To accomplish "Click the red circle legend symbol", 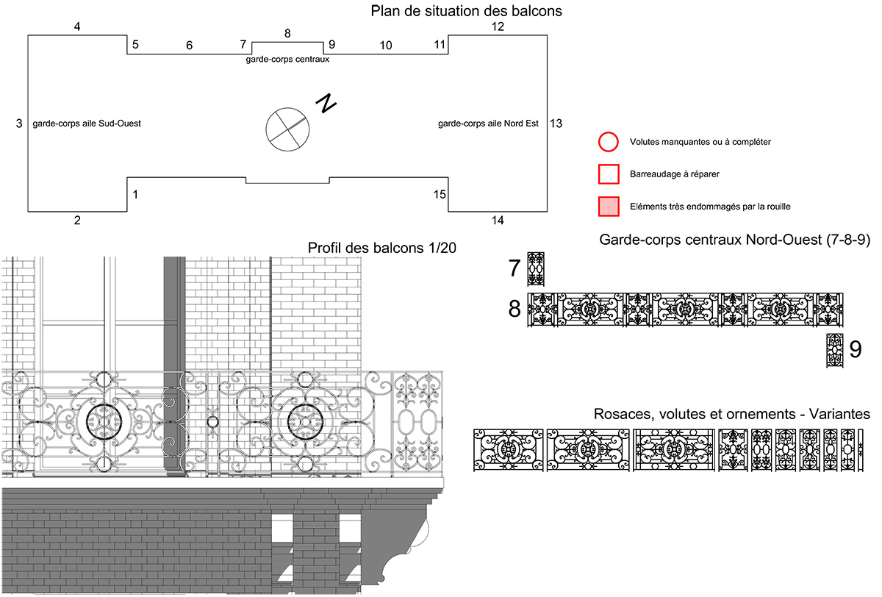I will (608, 142).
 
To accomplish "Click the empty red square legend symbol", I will (608, 174).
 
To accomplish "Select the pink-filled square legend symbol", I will (608, 207).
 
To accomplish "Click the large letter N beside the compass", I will (326, 104).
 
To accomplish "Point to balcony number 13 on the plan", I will (556, 124).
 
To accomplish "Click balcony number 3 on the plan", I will (19, 124).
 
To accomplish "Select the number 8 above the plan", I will (287, 33).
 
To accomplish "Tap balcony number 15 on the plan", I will (440, 194).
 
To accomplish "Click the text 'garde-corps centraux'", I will (287, 60).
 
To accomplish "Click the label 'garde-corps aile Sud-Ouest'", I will (87, 124).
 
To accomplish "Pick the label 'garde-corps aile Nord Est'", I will (488, 124).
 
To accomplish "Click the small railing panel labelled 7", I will (536, 269).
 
